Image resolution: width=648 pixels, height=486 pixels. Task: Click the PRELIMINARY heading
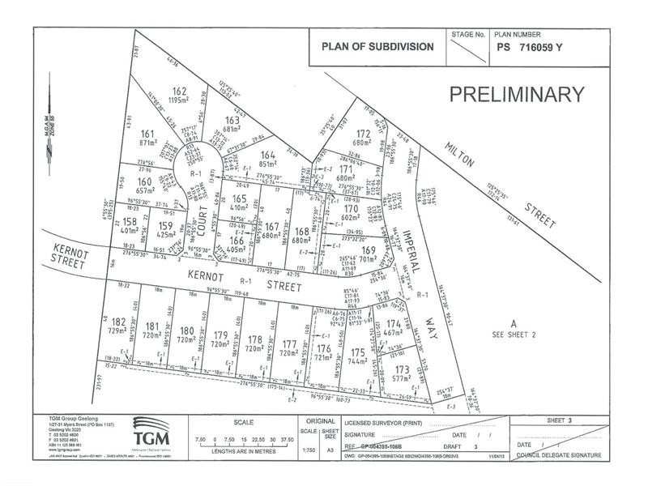516,94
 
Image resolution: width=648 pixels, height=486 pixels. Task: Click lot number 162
179,92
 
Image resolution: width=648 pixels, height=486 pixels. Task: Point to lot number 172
364,134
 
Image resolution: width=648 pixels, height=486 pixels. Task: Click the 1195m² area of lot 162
179,100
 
